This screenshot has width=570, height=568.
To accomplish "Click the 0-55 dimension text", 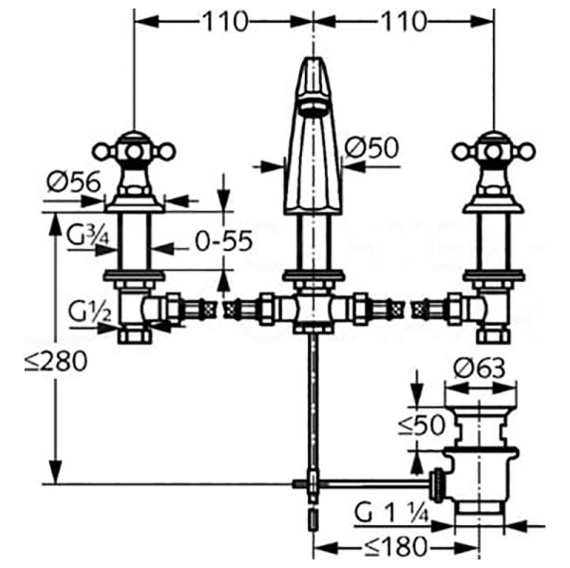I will (x=223, y=241).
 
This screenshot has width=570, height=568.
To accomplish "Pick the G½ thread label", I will (x=87, y=310).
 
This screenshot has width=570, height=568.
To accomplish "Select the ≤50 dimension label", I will (x=422, y=425).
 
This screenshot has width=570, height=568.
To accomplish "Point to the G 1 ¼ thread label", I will (x=391, y=514).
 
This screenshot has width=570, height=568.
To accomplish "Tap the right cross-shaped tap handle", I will (x=493, y=149).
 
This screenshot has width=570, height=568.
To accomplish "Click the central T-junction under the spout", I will (x=313, y=310).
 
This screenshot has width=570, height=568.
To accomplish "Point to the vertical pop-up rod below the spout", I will (x=313, y=399).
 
